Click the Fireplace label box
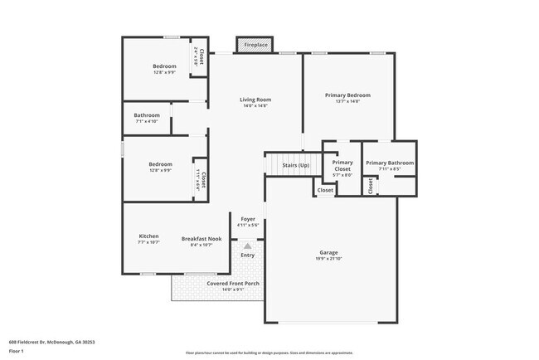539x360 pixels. tap(255, 45)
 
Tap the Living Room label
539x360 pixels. tap(257, 100)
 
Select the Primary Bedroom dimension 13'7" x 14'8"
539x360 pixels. tap(347, 102)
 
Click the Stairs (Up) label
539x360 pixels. tap(296, 165)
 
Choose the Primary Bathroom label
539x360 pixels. tap(389, 163)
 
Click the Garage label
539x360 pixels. tap(329, 252)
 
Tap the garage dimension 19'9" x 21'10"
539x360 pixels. tap(329, 259)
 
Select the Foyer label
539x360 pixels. tap(248, 219)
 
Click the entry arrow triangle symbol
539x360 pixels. tap(247, 246)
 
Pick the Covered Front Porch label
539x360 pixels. tap(233, 283)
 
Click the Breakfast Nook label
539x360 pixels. tap(202, 238)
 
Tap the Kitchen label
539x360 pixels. tap(148, 236)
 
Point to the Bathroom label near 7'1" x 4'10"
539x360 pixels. tap(147, 115)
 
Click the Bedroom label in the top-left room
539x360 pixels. tap(163, 66)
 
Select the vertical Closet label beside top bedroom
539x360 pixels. tap(201, 56)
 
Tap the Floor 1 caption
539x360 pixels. tap(17, 351)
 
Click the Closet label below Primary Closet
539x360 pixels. tap(325, 190)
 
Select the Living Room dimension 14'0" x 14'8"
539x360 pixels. tap(257, 106)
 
